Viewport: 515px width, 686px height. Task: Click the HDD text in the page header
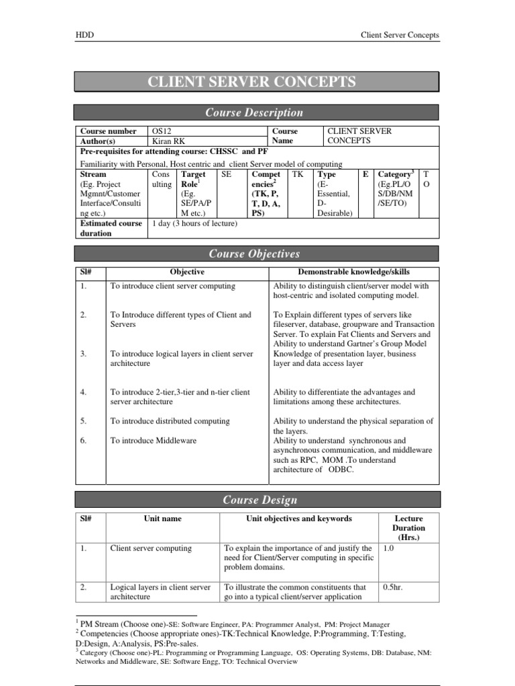coord(83,35)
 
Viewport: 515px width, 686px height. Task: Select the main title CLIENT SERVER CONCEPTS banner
coord(255,82)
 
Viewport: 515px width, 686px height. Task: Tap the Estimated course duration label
coord(111,228)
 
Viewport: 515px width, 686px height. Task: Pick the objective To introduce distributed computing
coord(170,421)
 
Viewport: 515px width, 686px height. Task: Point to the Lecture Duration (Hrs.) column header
coord(409,527)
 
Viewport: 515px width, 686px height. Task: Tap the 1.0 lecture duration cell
coord(389,548)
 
